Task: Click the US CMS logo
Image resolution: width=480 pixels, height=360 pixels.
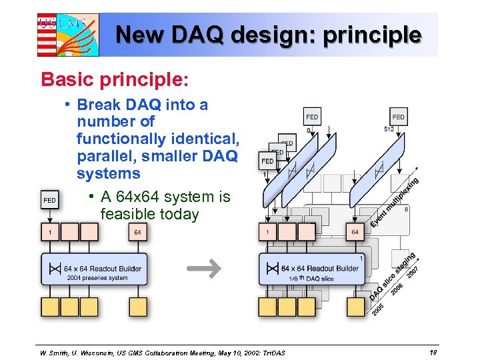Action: click(67, 35)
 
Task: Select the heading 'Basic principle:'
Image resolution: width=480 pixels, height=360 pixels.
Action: click(115, 79)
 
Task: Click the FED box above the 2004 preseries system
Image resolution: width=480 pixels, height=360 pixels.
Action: click(49, 200)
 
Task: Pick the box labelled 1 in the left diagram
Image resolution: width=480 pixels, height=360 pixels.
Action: click(50, 232)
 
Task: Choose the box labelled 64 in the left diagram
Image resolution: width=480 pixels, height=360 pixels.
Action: click(137, 232)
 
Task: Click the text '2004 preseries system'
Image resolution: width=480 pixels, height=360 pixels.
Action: click(97, 278)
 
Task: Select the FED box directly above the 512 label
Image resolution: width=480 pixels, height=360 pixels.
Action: click(398, 117)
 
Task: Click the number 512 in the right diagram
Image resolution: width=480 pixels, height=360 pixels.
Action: click(391, 129)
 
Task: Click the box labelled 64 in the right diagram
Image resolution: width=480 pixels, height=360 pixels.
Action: click(355, 232)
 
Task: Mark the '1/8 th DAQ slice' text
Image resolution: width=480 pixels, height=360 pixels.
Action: click(311, 278)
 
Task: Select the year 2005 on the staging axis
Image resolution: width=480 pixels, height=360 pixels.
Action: click(377, 309)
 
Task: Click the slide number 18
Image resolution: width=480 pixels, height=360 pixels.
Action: click(433, 351)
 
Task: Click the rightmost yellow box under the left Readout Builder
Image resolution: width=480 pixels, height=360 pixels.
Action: click(137, 307)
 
